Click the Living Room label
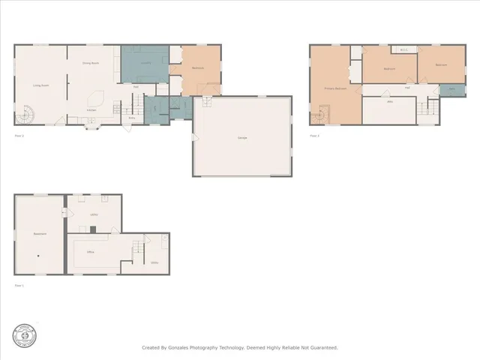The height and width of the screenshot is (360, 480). [x=41, y=85]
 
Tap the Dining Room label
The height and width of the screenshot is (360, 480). [x=91, y=63]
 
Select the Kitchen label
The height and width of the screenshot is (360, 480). [x=91, y=110]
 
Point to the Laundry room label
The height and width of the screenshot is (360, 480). [x=146, y=63]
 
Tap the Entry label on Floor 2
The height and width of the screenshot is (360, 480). [x=132, y=118]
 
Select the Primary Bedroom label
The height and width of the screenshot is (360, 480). [x=334, y=88]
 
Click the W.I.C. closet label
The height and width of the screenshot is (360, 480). [x=403, y=50]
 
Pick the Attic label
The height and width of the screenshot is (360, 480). [x=390, y=101]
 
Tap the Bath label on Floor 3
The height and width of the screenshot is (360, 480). [x=452, y=90]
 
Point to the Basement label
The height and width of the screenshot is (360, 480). [x=40, y=234]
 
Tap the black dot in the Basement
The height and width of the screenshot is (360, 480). [x=40, y=256]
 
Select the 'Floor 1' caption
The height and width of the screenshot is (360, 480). [x=19, y=286]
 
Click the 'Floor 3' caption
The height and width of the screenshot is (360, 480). [x=314, y=136]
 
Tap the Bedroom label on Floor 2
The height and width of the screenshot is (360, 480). [x=198, y=68]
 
